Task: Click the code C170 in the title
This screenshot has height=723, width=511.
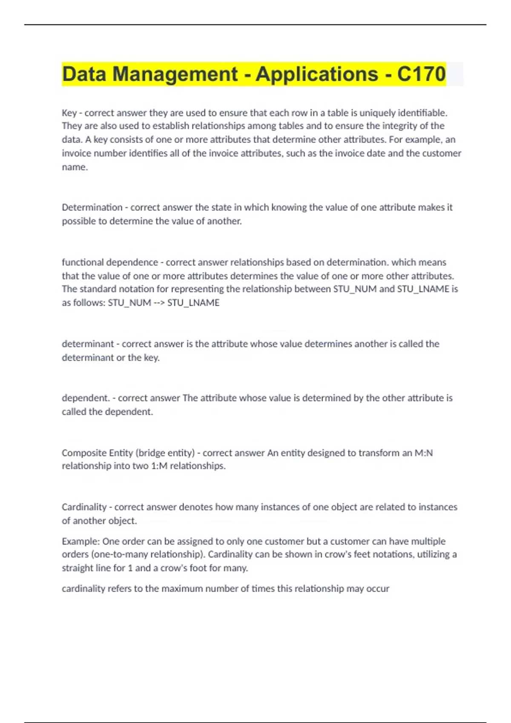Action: point(421,74)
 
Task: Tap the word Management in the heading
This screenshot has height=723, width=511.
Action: point(175,74)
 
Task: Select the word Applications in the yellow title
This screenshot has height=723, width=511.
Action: point(316,74)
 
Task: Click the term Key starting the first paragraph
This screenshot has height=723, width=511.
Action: point(69,113)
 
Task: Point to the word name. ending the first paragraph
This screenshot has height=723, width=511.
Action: point(75,167)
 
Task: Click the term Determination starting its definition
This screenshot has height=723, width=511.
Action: point(92,208)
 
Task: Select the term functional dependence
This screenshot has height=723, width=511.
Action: point(110,262)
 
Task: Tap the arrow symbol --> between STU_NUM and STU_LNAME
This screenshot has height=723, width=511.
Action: point(159,303)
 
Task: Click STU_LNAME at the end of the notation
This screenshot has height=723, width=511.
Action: point(193,303)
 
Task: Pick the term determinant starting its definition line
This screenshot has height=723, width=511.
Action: point(88,344)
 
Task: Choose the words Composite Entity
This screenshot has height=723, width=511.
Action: point(97,453)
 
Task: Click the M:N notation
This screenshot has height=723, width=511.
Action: point(424,453)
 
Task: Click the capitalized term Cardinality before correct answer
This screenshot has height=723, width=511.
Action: point(84,507)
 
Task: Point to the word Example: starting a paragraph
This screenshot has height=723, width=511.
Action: point(80,541)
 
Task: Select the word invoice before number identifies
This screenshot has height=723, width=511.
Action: point(76,154)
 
